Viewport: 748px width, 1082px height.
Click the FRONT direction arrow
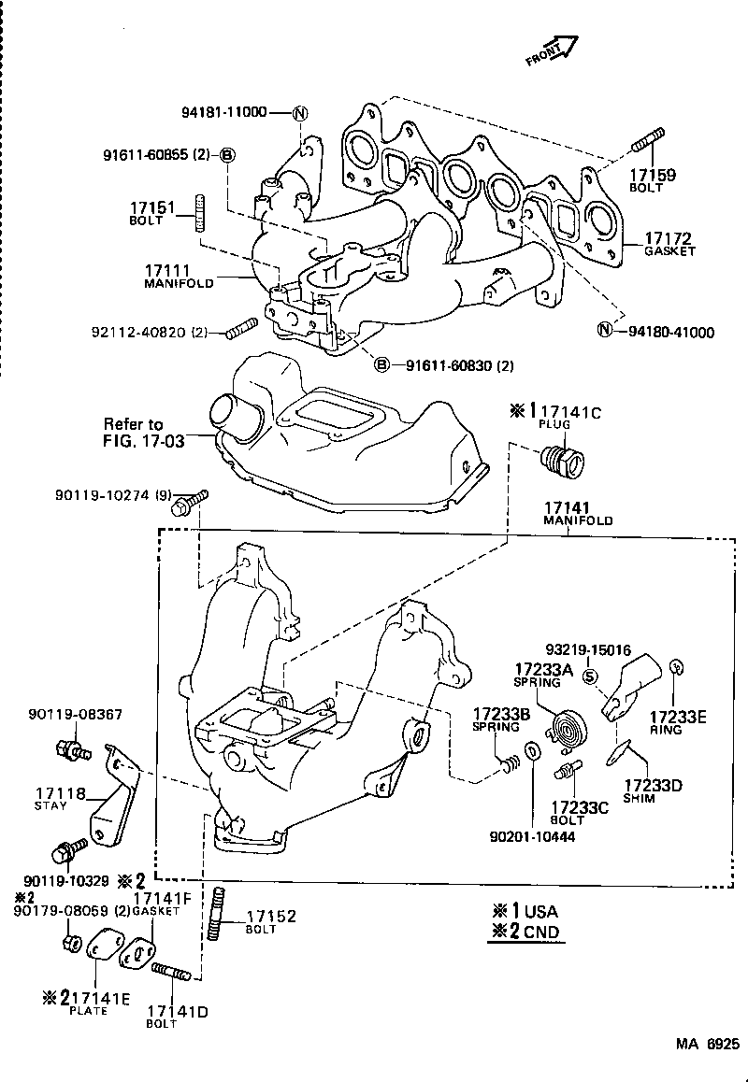tap(553, 51)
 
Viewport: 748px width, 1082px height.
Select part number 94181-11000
tap(223, 112)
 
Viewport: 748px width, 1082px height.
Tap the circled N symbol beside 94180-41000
tap(604, 331)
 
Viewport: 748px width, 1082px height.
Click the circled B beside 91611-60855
tap(227, 154)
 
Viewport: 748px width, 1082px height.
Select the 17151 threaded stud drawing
tap(199, 214)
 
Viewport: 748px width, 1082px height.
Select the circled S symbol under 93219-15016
tap(590, 677)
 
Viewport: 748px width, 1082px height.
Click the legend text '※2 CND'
tap(525, 932)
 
